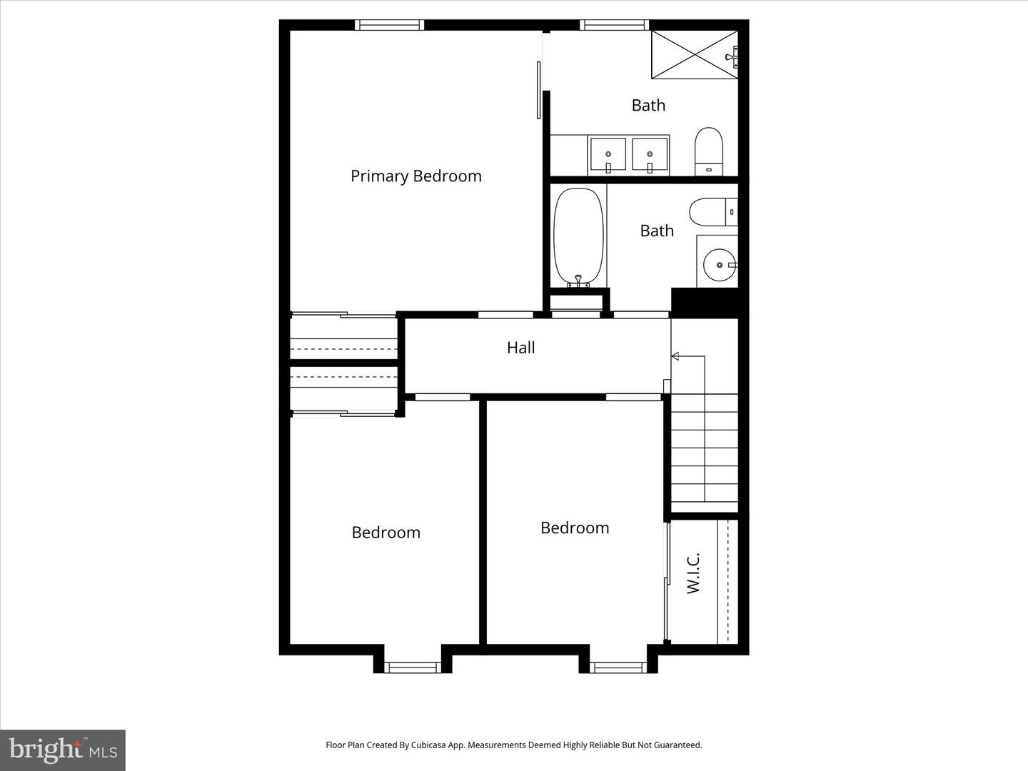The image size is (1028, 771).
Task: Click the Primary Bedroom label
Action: point(415,176)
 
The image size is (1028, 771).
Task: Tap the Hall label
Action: point(520,348)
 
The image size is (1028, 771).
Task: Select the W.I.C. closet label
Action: point(693,573)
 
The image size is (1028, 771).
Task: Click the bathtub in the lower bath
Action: point(579,236)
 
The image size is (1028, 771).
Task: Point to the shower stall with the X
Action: point(693,54)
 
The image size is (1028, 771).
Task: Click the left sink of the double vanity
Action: point(608,155)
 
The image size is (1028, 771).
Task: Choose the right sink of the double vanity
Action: point(649,155)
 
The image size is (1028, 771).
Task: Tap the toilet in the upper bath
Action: point(709,150)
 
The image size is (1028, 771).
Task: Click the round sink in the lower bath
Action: point(718,265)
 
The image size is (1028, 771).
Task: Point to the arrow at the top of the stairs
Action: point(675,356)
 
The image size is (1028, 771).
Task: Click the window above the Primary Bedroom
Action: point(389,25)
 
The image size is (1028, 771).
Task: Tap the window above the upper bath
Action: point(615,25)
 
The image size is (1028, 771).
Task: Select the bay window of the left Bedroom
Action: point(412,667)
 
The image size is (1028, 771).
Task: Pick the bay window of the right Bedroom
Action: point(618,667)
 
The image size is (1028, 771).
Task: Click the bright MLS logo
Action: point(63,750)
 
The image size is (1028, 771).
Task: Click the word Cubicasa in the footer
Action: point(430,745)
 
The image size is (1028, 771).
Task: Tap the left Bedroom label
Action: point(385,533)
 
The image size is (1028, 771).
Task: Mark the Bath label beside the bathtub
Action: point(656,231)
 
